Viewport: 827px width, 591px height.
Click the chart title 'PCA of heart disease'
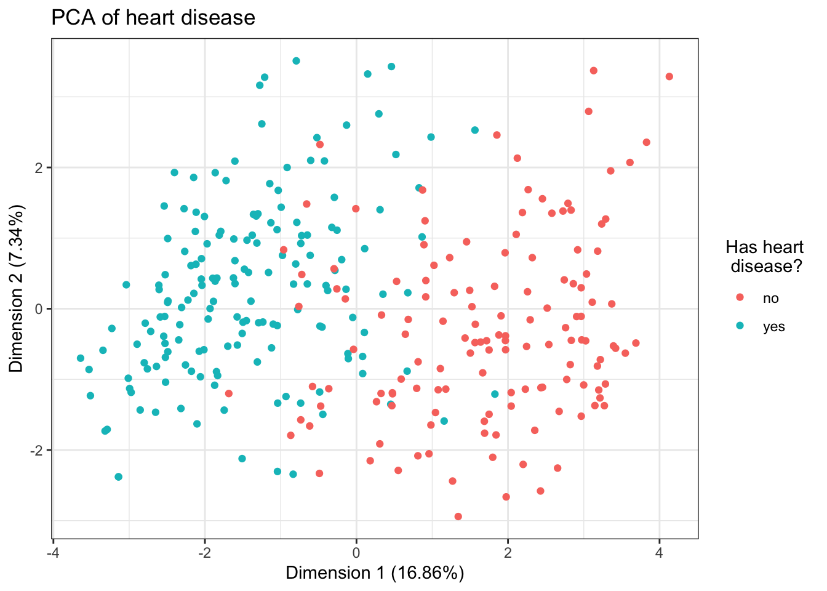tap(153, 17)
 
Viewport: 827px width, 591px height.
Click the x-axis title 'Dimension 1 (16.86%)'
tap(375, 573)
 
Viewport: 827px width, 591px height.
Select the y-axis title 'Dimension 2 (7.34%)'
tap(17, 289)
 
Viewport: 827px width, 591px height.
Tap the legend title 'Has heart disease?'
tap(764, 257)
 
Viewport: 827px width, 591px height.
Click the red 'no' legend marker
tap(740, 298)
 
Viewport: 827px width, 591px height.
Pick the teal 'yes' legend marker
tap(740, 326)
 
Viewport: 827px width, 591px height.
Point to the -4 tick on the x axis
tap(53, 552)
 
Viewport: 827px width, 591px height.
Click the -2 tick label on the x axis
tap(204, 552)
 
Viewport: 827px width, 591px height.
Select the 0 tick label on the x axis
tap(356, 552)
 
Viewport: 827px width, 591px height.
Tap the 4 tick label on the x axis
tap(660, 552)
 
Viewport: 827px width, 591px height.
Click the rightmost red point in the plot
tap(669, 76)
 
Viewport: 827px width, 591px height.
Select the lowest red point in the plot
tap(458, 517)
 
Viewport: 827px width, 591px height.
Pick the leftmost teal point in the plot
tap(81, 358)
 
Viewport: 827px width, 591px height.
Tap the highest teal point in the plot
tap(296, 61)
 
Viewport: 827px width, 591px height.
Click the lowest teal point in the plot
tap(119, 476)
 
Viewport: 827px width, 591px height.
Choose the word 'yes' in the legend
tap(774, 327)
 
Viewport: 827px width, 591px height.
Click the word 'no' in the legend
tap(771, 299)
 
